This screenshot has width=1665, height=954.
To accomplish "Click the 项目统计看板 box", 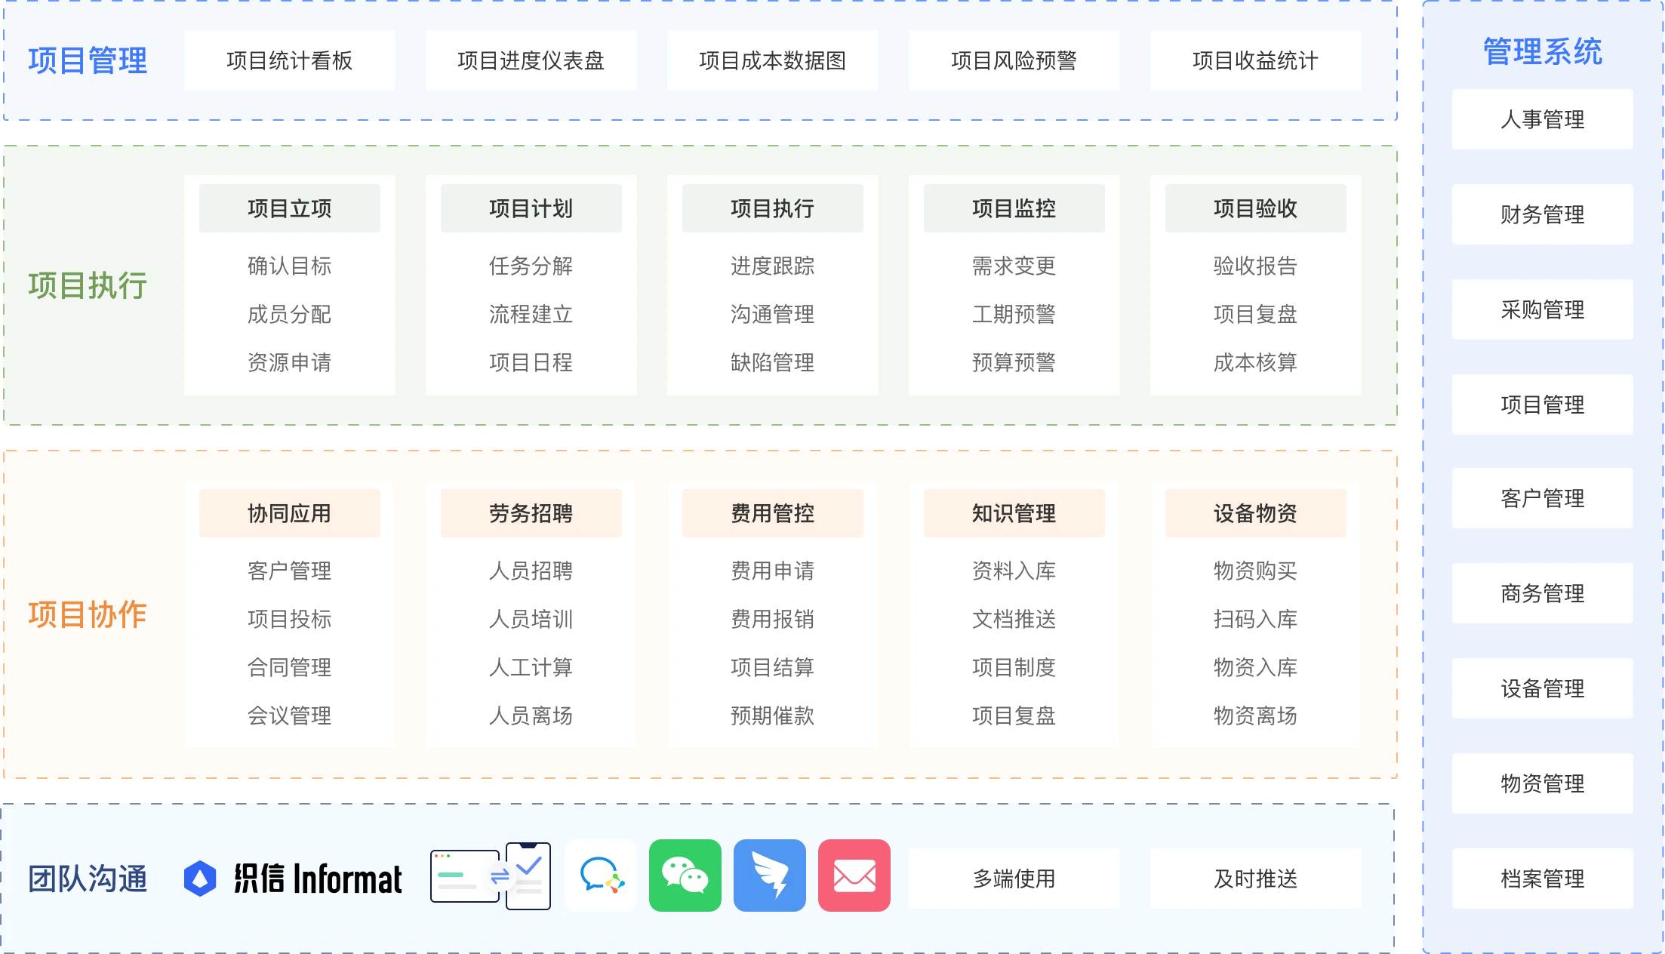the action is coord(289,60).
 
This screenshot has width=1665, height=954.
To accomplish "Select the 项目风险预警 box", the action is coord(1014,60).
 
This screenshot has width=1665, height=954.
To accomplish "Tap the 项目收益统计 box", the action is coord(1255,60).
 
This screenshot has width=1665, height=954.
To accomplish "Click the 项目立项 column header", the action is coord(289,208).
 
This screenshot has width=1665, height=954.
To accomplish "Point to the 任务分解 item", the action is coord(531,266).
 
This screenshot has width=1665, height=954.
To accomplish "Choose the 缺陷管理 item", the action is coord(772,362).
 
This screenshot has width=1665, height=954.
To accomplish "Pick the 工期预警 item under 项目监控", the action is coord(1014,314).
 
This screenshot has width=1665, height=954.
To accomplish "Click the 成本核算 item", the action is coord(1255,362).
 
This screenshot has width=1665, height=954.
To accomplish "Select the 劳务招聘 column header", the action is coord(531,513).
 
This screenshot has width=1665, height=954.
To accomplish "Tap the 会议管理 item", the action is coord(289,715).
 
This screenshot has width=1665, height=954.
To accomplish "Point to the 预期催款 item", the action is coord(772,715).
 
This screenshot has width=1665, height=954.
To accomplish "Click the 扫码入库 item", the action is coord(1255,619).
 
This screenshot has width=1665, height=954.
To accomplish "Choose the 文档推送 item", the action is coord(1014,619).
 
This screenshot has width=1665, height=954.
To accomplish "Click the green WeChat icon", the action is coord(685,876).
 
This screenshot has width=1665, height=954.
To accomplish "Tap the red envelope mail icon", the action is coord(854,876).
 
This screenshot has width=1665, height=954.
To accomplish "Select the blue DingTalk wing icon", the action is coord(769,876).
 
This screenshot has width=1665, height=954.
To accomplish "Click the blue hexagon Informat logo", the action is coord(200,879).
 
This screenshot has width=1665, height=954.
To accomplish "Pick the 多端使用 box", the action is coord(1014,879).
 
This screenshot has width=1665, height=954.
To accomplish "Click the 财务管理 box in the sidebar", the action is coord(1542,214).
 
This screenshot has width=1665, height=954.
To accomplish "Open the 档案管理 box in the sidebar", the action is coord(1542,879).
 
